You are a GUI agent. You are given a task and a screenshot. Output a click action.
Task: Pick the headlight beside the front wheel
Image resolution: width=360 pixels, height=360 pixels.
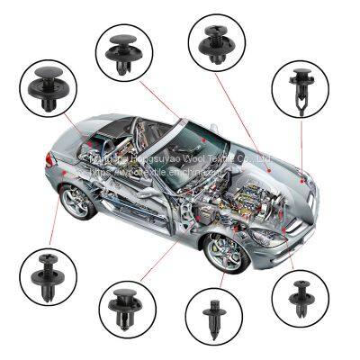tap(267, 238)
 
